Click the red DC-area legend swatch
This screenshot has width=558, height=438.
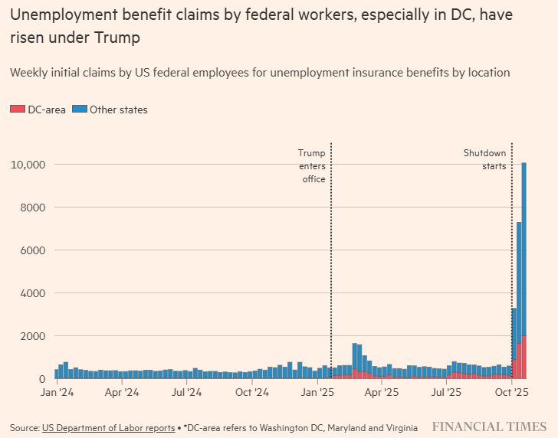[17, 109]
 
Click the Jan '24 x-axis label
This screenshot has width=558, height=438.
[57, 392]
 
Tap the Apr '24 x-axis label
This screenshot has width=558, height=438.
[121, 392]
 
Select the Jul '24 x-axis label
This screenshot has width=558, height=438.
[186, 392]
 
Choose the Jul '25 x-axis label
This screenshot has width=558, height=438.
[446, 392]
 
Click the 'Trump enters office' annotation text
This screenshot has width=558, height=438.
[312, 166]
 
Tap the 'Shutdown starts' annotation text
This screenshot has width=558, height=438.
[484, 159]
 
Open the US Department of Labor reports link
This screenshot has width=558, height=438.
[108, 427]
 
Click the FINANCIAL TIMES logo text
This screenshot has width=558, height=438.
[489, 427]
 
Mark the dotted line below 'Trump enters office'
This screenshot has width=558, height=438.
[330, 268]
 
